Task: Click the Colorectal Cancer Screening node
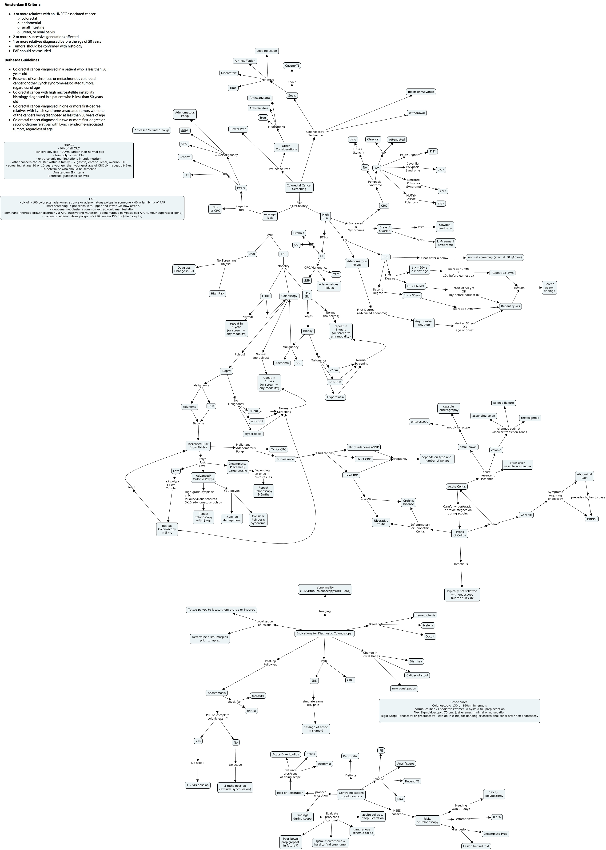tap(299, 187)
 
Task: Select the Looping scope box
tap(267, 51)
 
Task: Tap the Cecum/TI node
tap(292, 66)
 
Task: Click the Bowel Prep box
tap(238, 129)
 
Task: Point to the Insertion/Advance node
tap(421, 92)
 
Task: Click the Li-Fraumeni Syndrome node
tap(445, 243)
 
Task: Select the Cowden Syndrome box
tap(444, 227)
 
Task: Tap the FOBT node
tap(266, 296)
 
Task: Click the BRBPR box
tap(592, 519)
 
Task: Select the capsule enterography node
tap(449, 408)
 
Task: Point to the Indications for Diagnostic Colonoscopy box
tap(324, 633)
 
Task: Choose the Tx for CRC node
tap(278, 449)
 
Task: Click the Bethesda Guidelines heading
tap(22, 60)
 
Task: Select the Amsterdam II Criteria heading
tap(22, 4)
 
